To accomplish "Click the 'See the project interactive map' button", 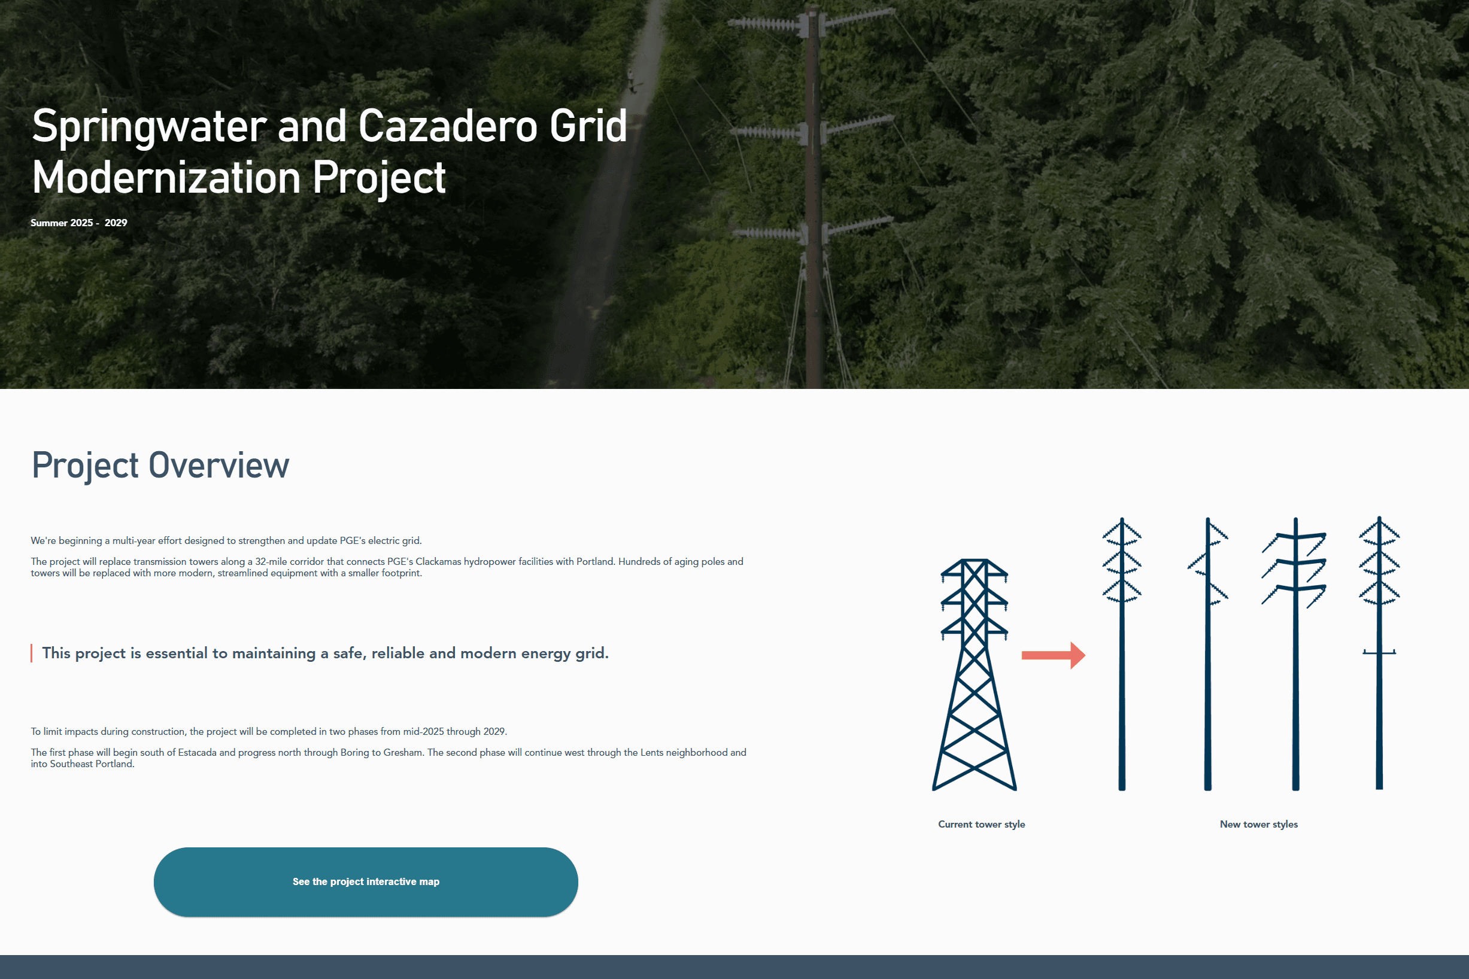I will click(x=365, y=881).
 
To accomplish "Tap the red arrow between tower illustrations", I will click(x=1053, y=655).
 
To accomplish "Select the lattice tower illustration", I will click(x=974, y=674).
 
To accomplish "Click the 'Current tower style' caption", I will click(x=981, y=824).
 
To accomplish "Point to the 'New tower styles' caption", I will click(x=1258, y=824).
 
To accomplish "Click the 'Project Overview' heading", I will click(x=160, y=465).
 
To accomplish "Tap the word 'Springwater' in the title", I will click(x=149, y=127).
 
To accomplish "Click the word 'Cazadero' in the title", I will click(x=447, y=127).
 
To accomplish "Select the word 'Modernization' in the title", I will click(x=166, y=178).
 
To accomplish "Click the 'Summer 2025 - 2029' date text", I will click(x=78, y=223).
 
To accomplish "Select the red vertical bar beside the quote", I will click(x=31, y=653).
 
